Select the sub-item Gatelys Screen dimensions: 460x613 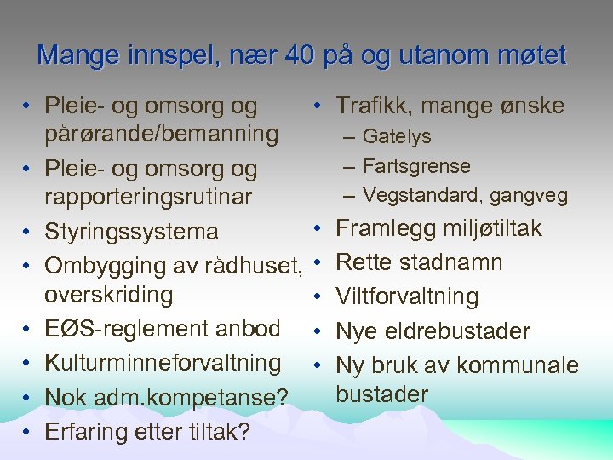pyautogui.click(x=397, y=136)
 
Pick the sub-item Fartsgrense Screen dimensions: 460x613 pyautogui.click(x=416, y=165)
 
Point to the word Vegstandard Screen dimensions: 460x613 pyautogui.click(x=415, y=195)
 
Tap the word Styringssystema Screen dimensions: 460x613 pyautogui.click(x=131, y=232)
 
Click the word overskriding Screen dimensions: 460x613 pyautogui.click(x=108, y=295)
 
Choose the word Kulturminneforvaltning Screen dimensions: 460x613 pyautogui.click(x=163, y=363)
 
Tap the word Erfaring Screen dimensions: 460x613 pyautogui.click(x=83, y=432)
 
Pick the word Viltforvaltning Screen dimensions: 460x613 pyautogui.click(x=407, y=296)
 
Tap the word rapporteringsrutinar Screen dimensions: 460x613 pyautogui.click(x=148, y=198)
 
